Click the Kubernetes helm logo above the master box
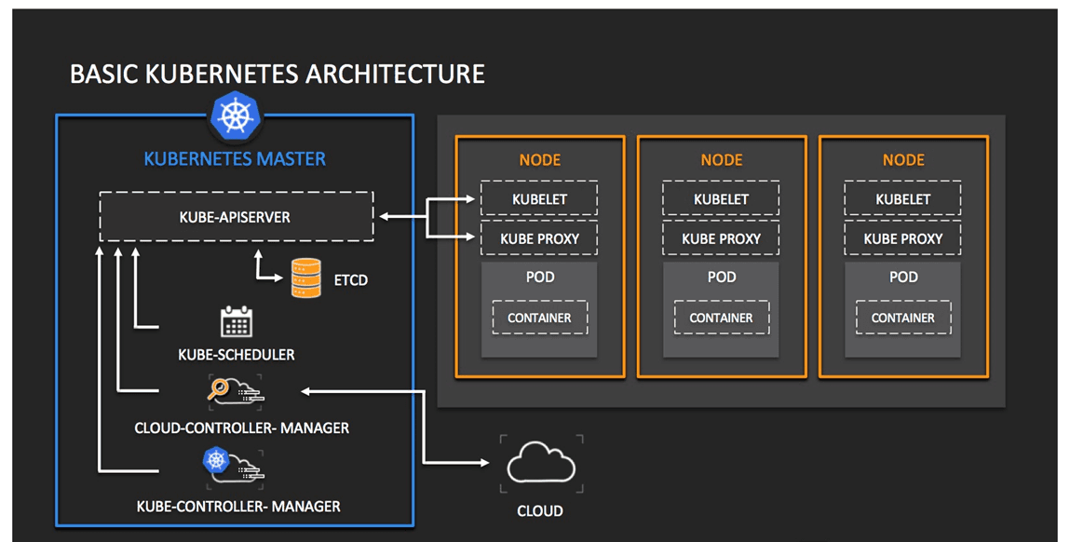(235, 116)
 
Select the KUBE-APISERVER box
(236, 217)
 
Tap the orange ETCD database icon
(306, 278)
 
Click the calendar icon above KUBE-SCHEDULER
(236, 321)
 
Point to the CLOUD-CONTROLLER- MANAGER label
(241, 428)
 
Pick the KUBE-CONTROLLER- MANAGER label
(238, 507)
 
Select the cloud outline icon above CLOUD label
(541, 464)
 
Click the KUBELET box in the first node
(539, 199)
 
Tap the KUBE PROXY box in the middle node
(721, 239)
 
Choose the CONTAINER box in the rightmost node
(902, 318)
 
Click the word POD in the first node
(539, 277)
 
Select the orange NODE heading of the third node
(902, 160)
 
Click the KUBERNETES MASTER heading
(235, 159)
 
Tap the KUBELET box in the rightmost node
(902, 199)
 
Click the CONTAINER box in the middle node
(721, 318)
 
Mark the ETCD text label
(351, 279)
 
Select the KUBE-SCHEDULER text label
(237, 355)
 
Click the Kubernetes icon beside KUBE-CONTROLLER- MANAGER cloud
(216, 459)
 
